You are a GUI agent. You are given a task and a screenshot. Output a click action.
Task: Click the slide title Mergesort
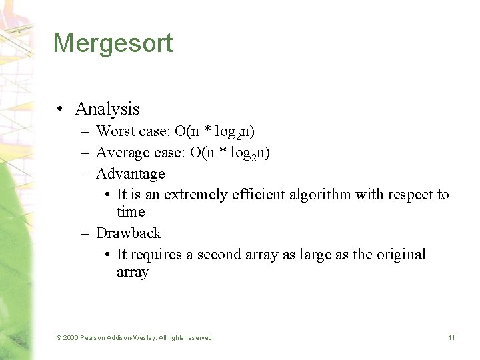click(x=113, y=43)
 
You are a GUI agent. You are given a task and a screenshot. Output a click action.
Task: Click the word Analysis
click(x=107, y=109)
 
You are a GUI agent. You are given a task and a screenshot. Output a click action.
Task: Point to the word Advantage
click(x=131, y=174)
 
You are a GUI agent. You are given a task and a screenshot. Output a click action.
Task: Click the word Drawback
click(x=129, y=233)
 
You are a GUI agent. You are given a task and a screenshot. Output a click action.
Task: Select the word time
click(x=131, y=212)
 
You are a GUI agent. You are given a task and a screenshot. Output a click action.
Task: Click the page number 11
click(x=451, y=338)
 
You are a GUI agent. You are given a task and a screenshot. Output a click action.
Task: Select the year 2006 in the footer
click(x=70, y=338)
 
